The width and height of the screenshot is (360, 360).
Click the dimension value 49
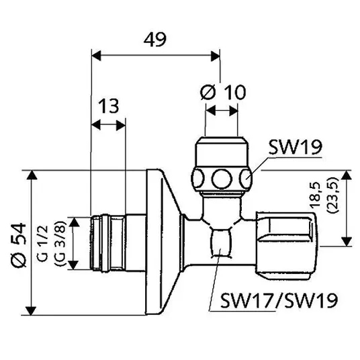154,40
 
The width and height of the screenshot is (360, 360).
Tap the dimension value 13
109,106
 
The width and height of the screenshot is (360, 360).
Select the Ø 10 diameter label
223,92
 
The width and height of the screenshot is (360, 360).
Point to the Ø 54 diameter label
19,244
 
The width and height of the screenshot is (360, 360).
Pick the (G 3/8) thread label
60,243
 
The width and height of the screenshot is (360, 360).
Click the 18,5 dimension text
315,195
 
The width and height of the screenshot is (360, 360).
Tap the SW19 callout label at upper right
296,147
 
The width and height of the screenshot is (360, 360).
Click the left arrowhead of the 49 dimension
96,56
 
